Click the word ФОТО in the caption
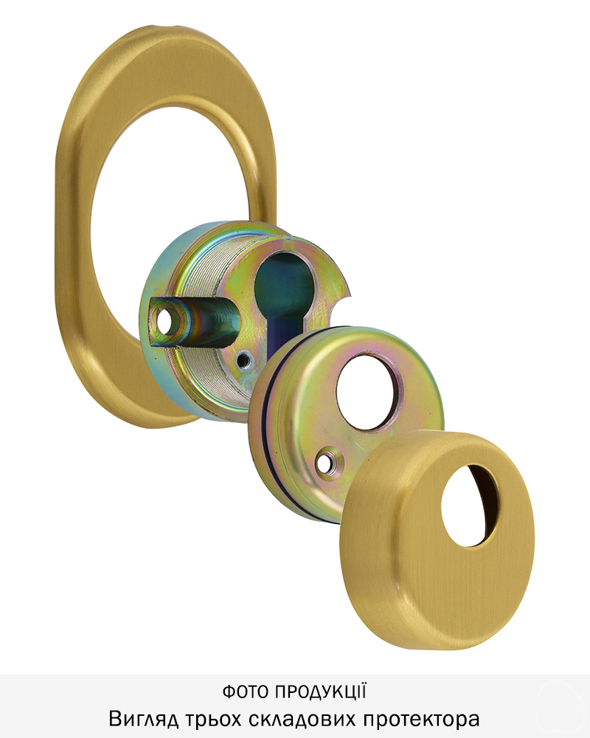(x=245, y=692)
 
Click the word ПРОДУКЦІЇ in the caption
(x=320, y=692)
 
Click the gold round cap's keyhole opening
(x=470, y=506)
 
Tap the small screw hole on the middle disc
(x=324, y=462)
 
